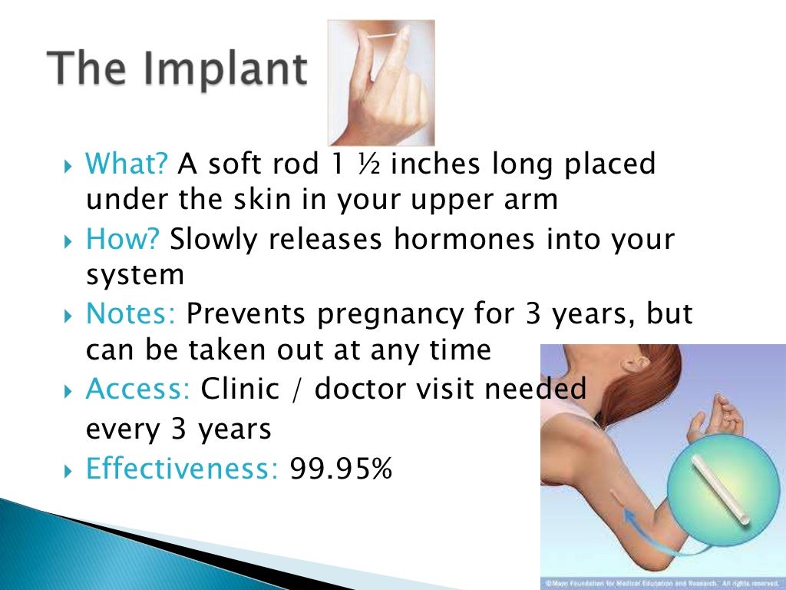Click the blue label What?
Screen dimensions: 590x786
[x=128, y=164]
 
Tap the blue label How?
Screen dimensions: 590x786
[x=123, y=239]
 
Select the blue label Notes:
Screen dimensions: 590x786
[x=132, y=313]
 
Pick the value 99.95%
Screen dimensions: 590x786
[x=341, y=466]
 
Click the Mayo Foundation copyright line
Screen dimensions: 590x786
[x=662, y=583]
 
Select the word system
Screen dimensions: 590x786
[x=135, y=274]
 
